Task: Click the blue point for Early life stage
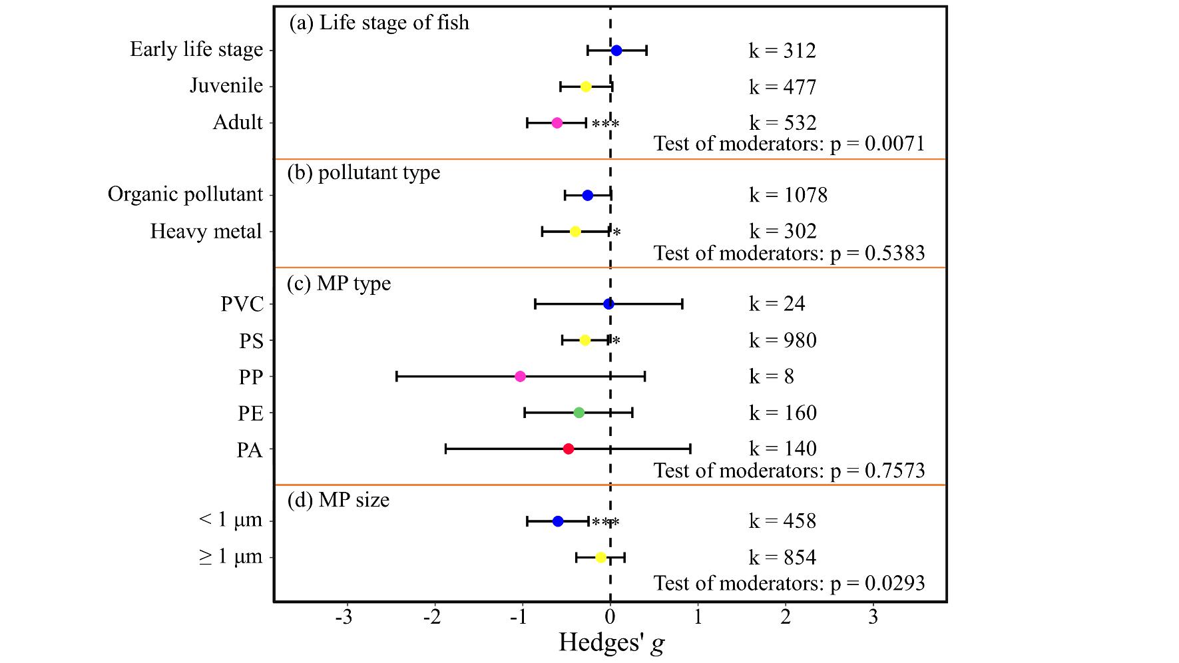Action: tap(616, 51)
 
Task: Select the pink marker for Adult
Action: tap(557, 123)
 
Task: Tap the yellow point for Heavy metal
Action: tap(575, 232)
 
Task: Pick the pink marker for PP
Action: tap(521, 377)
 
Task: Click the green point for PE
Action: tap(579, 413)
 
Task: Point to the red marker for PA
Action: tap(569, 449)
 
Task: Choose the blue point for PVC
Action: tap(608, 304)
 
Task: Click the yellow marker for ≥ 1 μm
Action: tap(600, 558)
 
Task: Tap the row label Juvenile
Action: tap(226, 87)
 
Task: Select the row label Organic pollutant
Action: tap(186, 194)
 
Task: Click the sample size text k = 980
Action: tap(782, 341)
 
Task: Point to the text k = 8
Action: tap(772, 377)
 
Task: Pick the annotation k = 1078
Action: tap(788, 195)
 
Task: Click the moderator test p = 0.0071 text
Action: tap(789, 144)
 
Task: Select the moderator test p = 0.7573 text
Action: tap(789, 471)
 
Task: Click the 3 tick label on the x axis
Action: tap(873, 617)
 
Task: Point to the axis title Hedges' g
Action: tap(611, 643)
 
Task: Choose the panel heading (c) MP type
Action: tap(339, 284)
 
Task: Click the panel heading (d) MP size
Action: tap(338, 500)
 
